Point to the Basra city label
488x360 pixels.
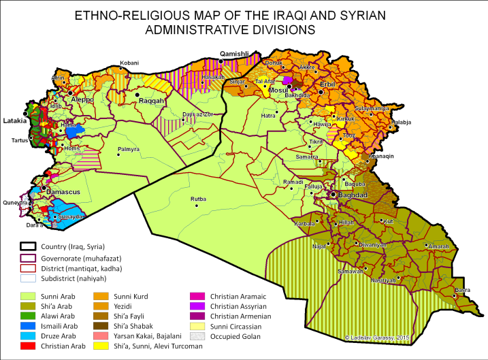click(x=462, y=289)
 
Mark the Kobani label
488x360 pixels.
click(x=129, y=63)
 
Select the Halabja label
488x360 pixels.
click(x=402, y=122)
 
